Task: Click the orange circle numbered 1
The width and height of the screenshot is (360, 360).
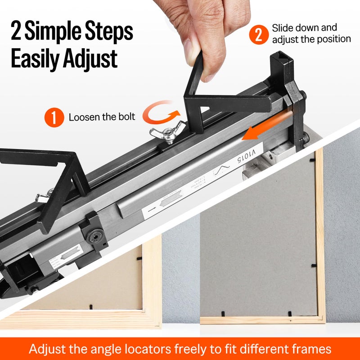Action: coord(54,118)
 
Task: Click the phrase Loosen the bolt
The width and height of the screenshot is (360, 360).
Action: coord(102,117)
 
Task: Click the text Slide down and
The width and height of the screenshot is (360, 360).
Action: coord(304,28)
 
